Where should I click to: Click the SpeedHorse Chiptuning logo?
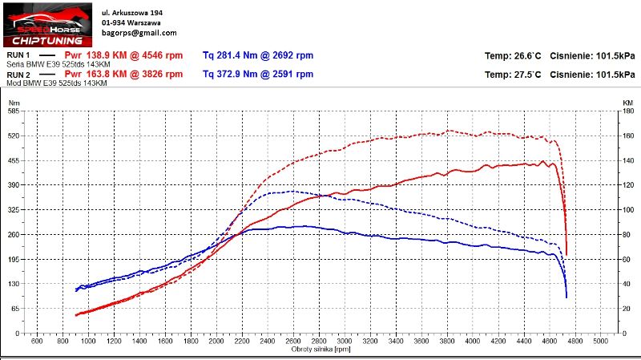(x=46, y=24)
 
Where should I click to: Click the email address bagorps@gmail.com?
(x=139, y=34)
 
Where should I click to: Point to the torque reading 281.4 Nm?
(x=228, y=55)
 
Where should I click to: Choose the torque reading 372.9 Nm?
(x=228, y=74)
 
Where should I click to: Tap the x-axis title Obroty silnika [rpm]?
(x=321, y=350)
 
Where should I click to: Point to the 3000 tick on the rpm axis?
(x=345, y=342)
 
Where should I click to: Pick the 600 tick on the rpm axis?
(x=37, y=342)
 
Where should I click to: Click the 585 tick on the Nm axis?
(x=14, y=111)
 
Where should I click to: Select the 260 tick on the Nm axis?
(x=14, y=234)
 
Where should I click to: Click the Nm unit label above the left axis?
(x=14, y=103)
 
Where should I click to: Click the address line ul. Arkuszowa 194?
(x=133, y=13)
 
